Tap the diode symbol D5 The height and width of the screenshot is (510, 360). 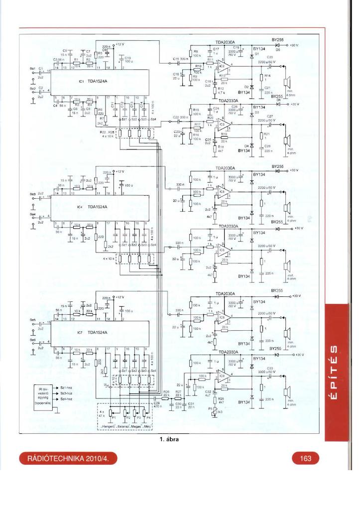278,45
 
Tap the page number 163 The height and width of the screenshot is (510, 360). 305,458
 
